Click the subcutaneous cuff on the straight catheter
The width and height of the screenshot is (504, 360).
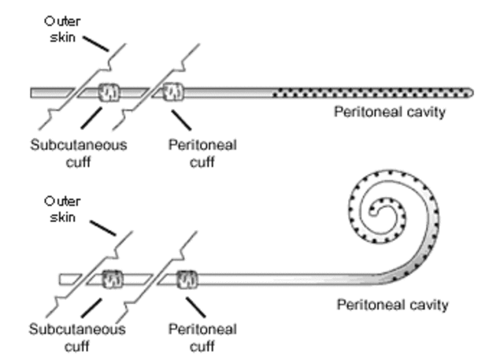point(109,93)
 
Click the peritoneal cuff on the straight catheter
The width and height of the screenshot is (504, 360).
point(172,93)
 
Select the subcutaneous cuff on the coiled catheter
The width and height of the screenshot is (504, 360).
point(113,278)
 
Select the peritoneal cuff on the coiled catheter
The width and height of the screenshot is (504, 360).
point(187,278)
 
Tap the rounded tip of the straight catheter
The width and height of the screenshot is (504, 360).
point(470,93)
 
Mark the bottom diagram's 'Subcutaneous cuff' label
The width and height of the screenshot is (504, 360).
point(79,336)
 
